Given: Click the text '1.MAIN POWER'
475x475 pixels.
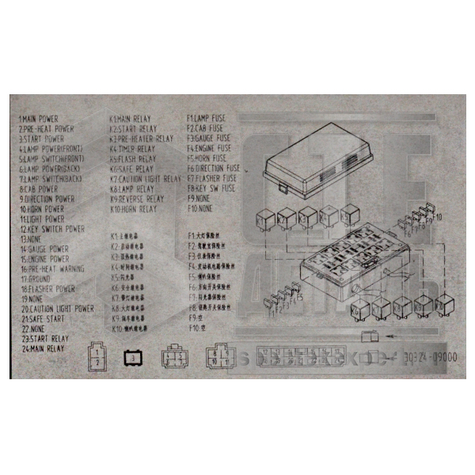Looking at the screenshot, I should pyautogui.click(x=40, y=118).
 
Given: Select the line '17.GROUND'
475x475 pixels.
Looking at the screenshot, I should pyautogui.click(x=36, y=279).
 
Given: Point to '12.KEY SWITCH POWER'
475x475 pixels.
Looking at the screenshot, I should pyautogui.click(x=53, y=229).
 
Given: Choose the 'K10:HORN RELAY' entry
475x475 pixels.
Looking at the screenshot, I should pyautogui.click(x=134, y=210).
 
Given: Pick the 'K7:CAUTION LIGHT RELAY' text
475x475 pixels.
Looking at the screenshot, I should pyautogui.click(x=146, y=179).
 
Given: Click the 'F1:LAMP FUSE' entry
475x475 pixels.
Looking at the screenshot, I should pyautogui.click(x=207, y=118).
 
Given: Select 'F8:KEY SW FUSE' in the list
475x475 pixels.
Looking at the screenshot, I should pyautogui.click(x=211, y=189).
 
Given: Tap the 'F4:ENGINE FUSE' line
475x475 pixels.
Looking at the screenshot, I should pyautogui.click(x=209, y=148).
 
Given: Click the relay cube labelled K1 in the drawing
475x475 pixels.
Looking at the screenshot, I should pyautogui.click(x=267, y=216).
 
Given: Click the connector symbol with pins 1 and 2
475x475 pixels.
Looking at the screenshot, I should pyautogui.click(x=97, y=355).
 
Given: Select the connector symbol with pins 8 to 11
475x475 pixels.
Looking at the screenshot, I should pyautogui.click(x=219, y=357).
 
